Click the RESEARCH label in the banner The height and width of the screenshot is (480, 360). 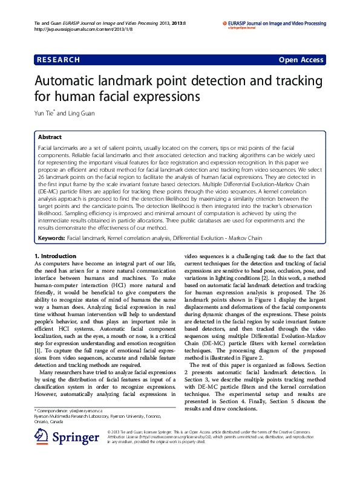coord(58,60)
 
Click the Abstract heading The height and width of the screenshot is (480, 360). coord(50,137)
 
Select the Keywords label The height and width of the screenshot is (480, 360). coord(51,239)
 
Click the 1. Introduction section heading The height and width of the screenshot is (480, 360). coord(55,256)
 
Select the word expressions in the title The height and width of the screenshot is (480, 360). coord(164,97)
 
